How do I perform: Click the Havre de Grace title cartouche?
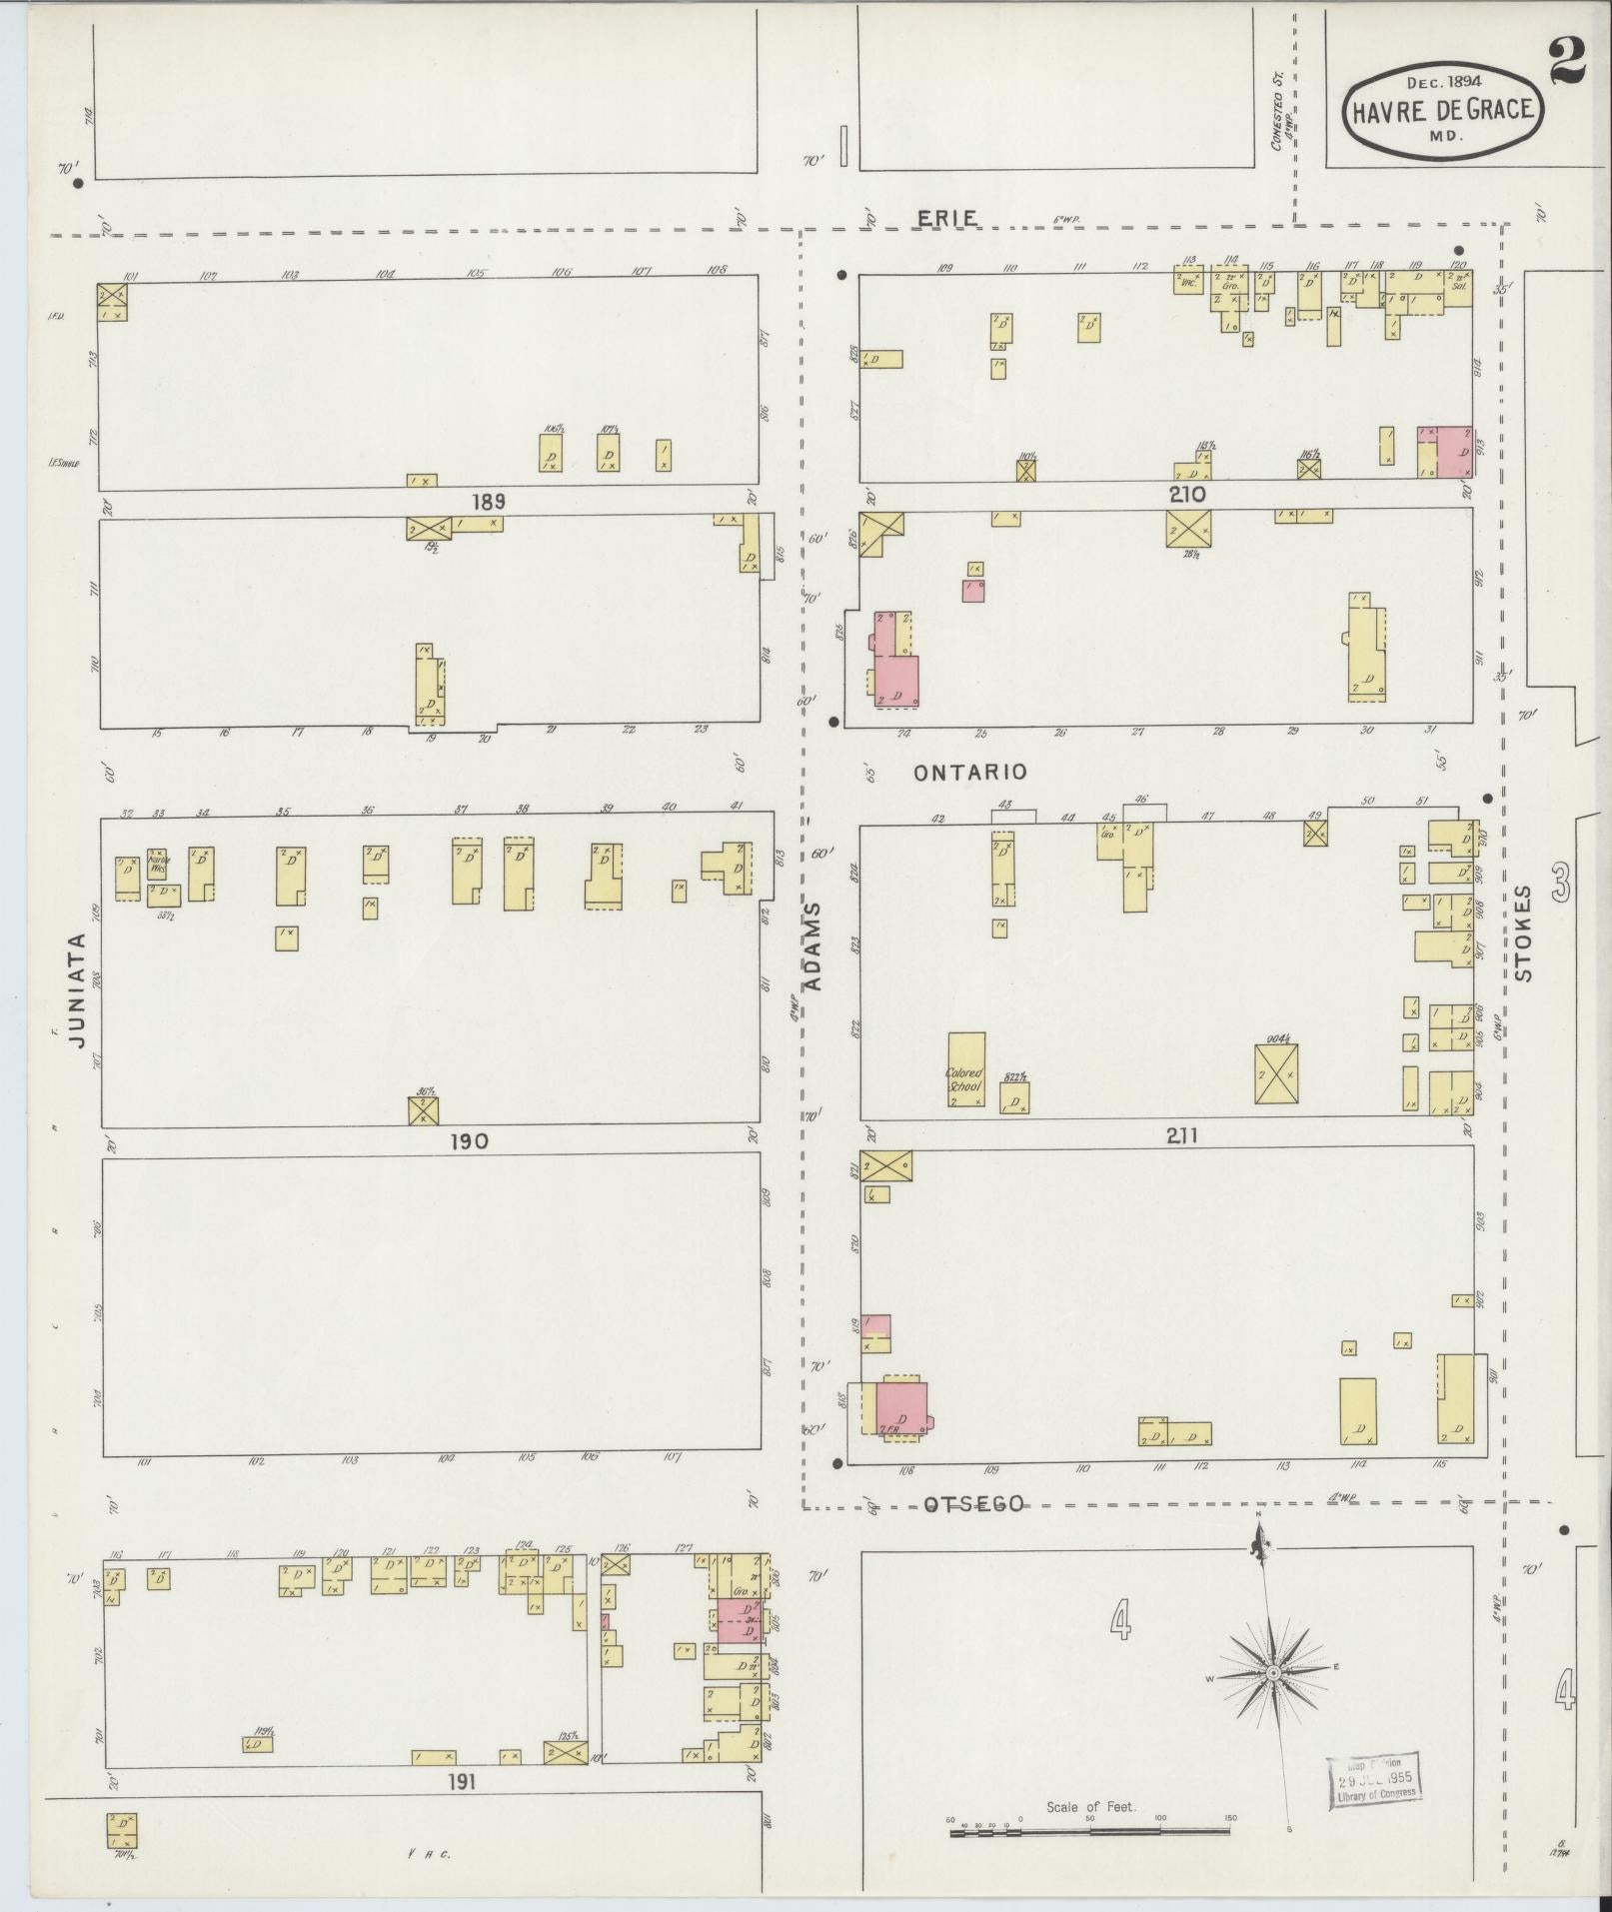click(x=1443, y=111)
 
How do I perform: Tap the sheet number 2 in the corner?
click(x=1571, y=63)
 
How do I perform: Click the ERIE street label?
click(x=948, y=218)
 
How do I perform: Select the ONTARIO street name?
click(x=970, y=772)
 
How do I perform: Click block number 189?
click(x=490, y=502)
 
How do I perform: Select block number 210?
click(x=1187, y=494)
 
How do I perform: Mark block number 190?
click(x=470, y=1140)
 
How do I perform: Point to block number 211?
click(x=1180, y=1135)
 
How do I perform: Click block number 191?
click(x=462, y=1781)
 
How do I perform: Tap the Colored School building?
click(x=966, y=1070)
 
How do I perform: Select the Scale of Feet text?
click(x=1087, y=1807)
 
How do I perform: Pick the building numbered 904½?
click(x=1277, y=1073)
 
